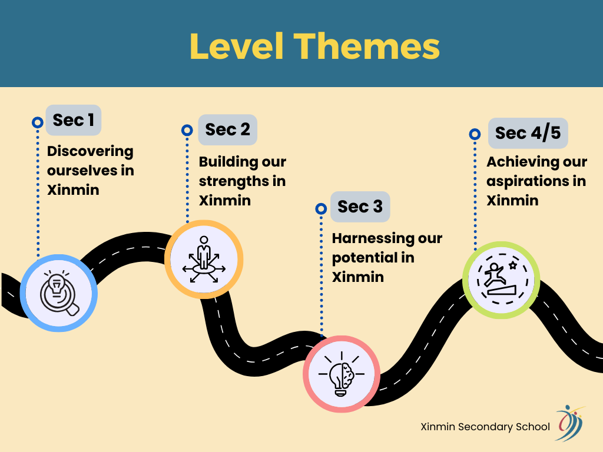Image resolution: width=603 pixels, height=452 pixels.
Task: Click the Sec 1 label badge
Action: click(x=74, y=120)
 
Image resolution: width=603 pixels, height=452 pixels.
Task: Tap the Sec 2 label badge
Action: click(x=228, y=129)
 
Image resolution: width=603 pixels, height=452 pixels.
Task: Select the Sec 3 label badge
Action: click(x=360, y=207)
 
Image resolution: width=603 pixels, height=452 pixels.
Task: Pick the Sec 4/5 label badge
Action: click(x=528, y=133)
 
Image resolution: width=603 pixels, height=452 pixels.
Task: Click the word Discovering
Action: click(x=90, y=151)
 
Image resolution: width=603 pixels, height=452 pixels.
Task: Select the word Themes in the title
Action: click(x=367, y=46)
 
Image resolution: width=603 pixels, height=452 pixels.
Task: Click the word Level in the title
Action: click(x=237, y=46)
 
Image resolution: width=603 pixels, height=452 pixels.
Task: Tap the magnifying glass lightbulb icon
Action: click(x=59, y=293)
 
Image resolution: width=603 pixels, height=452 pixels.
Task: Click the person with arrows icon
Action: click(x=204, y=260)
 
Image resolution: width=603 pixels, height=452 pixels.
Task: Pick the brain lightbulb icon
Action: click(x=342, y=374)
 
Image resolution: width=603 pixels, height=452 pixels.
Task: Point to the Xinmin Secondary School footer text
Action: click(x=485, y=427)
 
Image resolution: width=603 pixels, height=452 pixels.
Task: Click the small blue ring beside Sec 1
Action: click(x=37, y=122)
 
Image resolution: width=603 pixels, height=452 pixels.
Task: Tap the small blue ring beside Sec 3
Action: click(x=321, y=209)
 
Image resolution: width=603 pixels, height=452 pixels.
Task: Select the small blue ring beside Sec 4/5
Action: click(x=475, y=134)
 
